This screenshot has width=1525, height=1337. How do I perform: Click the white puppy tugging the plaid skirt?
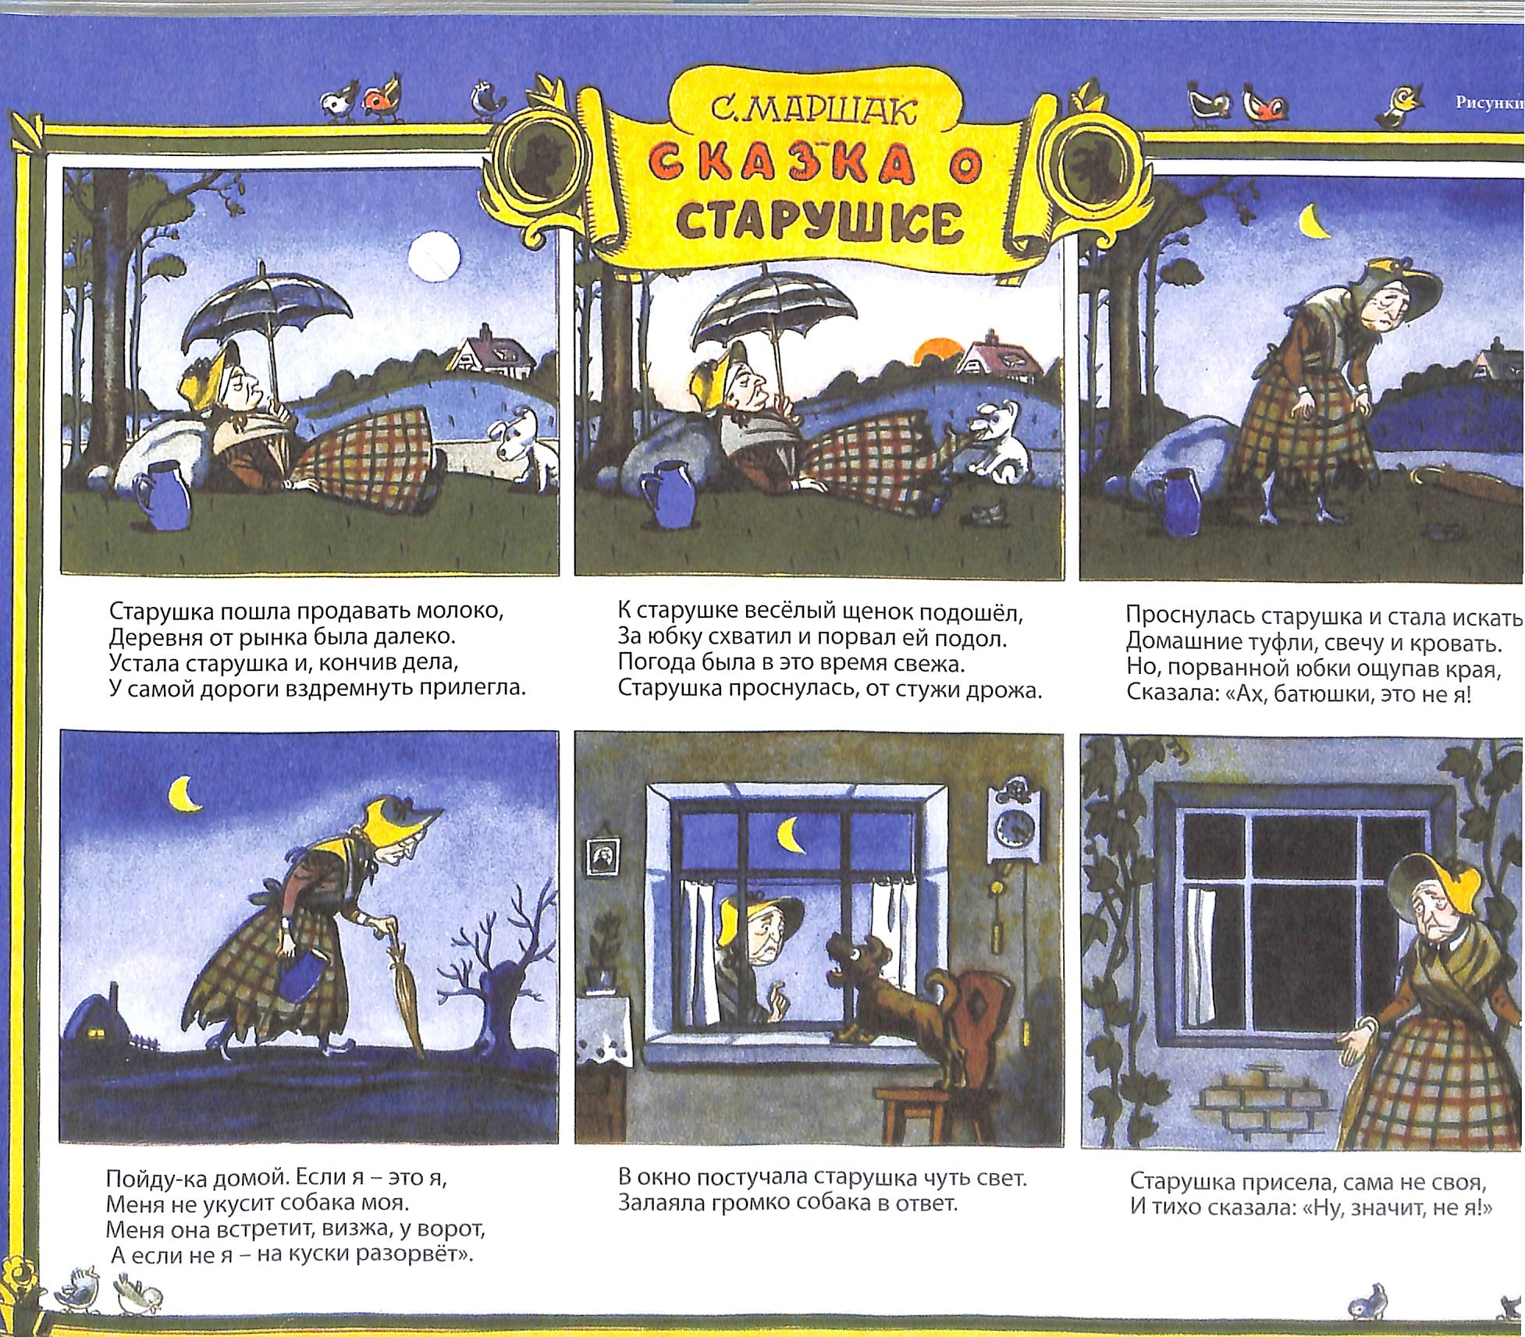point(992,437)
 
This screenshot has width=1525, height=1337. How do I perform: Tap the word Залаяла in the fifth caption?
point(662,1203)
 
